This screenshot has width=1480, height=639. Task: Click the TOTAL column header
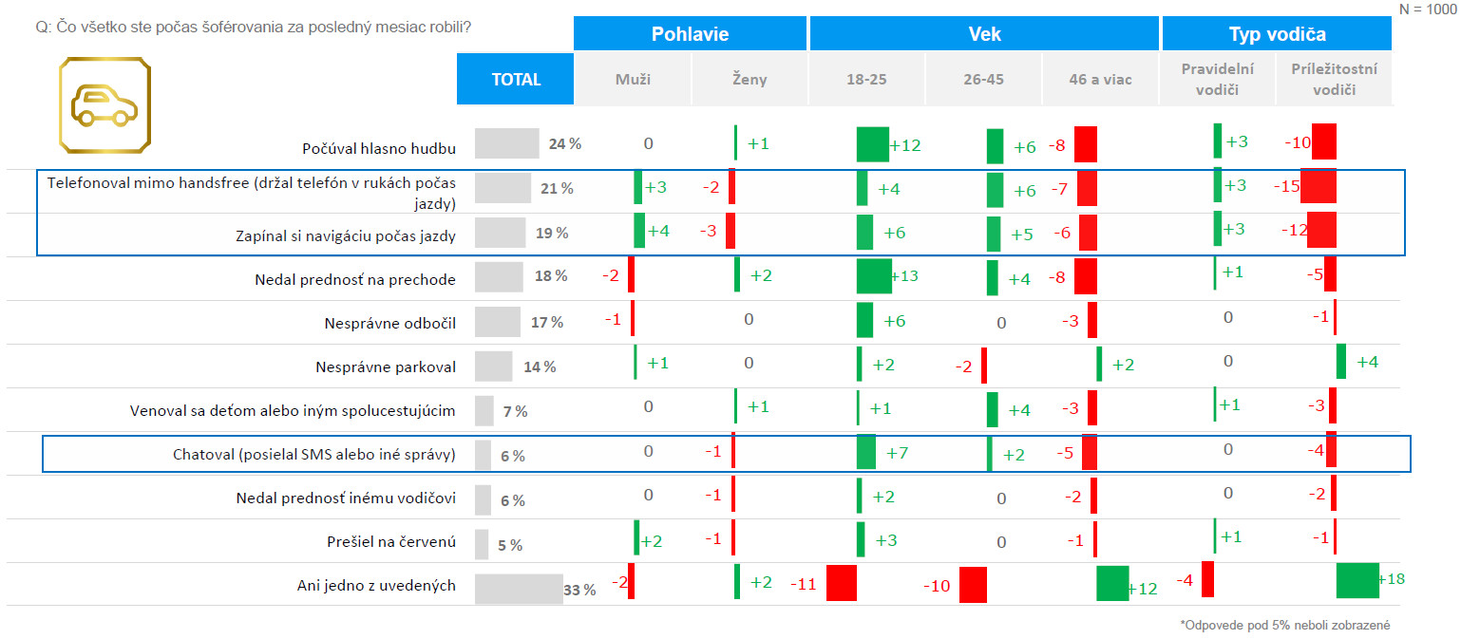[516, 80]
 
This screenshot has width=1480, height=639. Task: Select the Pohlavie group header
[690, 34]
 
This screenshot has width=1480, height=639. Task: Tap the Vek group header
[984, 34]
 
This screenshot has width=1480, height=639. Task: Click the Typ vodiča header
[1276, 34]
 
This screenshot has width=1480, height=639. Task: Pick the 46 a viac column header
[1099, 80]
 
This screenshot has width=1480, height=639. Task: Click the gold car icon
[104, 103]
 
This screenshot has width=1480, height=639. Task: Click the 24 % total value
[564, 144]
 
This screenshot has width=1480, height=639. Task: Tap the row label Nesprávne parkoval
[386, 366]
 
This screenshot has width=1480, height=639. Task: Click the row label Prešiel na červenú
[390, 543]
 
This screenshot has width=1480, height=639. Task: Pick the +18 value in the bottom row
[1390, 579]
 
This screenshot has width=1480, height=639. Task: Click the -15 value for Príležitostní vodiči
[1286, 187]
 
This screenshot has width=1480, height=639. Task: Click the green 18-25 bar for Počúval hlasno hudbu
[872, 144]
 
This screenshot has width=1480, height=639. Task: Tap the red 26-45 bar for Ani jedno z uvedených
[973, 585]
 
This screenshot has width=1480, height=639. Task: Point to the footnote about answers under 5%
[1285, 625]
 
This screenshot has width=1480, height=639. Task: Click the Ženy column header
[749, 80]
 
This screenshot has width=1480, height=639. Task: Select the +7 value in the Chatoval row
[897, 454]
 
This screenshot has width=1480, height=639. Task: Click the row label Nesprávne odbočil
[389, 323]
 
